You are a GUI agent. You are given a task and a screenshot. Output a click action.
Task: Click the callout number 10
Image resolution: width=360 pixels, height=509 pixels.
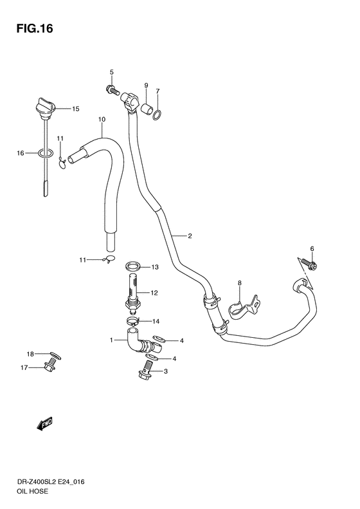(x=101, y=120)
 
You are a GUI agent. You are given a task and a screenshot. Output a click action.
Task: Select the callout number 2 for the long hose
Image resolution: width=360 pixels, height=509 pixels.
(x=190, y=236)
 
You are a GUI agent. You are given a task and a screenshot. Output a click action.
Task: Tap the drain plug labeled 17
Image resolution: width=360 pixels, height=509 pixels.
(x=50, y=366)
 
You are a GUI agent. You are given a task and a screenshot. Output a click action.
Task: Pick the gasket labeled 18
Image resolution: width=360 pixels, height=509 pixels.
(x=55, y=354)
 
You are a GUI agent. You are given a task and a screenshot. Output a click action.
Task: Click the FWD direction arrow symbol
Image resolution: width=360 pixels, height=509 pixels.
(x=44, y=423)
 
